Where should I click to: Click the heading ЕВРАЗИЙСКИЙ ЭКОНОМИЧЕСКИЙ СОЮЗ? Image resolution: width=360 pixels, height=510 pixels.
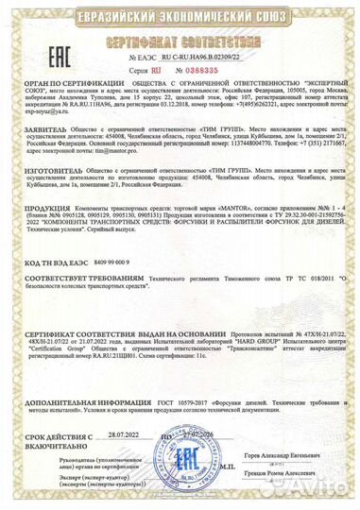click(180, 14)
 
